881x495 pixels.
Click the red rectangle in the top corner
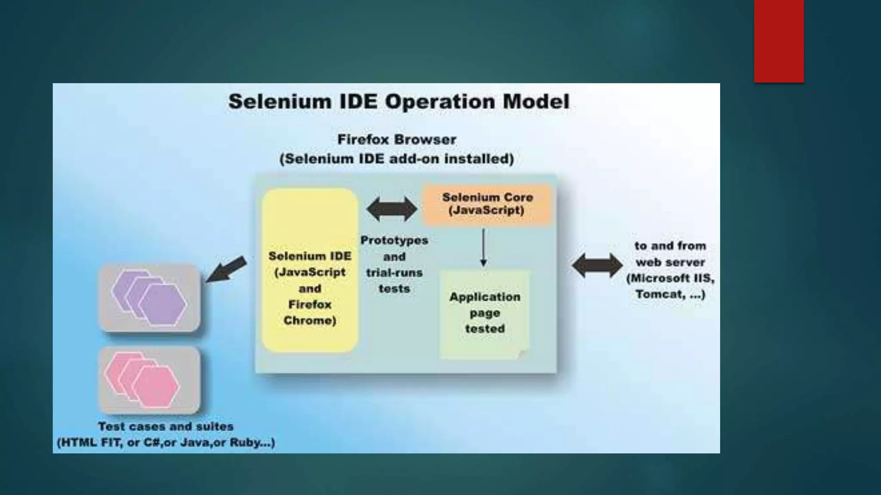point(779,41)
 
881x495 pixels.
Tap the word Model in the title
point(536,102)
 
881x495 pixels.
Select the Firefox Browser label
point(396,140)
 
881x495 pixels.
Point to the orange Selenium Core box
point(487,205)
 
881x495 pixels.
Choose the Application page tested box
point(484,314)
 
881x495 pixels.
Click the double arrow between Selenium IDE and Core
point(391,209)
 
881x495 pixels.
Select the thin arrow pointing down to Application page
point(484,247)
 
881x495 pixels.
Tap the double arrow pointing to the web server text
point(597,265)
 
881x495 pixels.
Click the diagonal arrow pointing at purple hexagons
point(226,269)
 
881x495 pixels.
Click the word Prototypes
point(394,241)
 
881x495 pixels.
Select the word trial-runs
point(394,273)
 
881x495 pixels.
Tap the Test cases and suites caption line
point(166,427)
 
